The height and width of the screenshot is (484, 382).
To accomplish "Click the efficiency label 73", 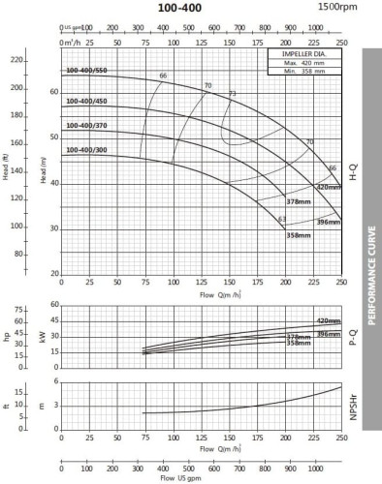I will pos(232,94).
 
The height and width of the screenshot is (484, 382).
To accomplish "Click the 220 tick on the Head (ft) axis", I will pos(16,61).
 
